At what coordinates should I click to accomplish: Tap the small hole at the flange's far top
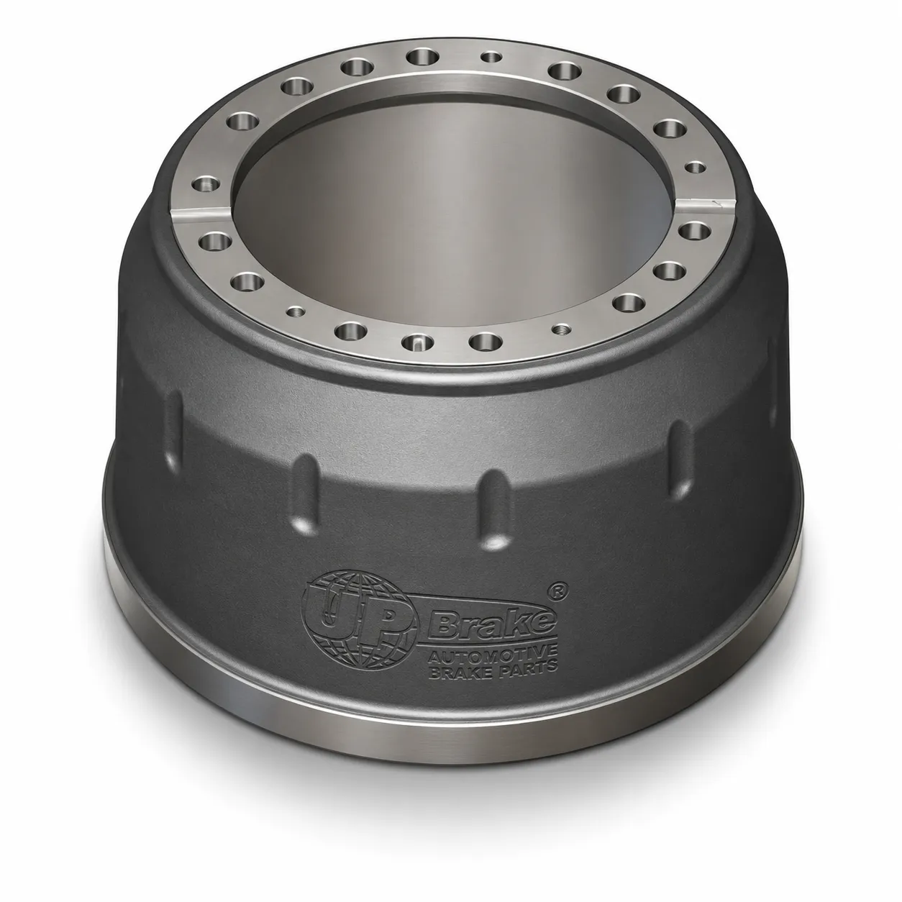(x=491, y=58)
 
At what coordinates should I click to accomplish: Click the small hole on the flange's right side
(x=695, y=168)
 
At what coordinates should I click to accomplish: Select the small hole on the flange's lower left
(x=295, y=310)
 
